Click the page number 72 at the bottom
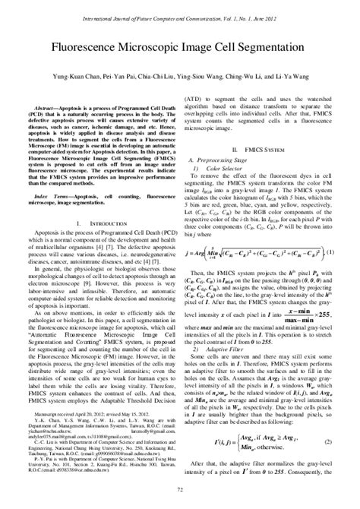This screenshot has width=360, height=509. (x=180, y=492)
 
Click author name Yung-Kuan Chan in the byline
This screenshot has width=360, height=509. (x=69, y=77)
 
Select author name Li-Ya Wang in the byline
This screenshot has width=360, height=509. (x=295, y=77)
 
